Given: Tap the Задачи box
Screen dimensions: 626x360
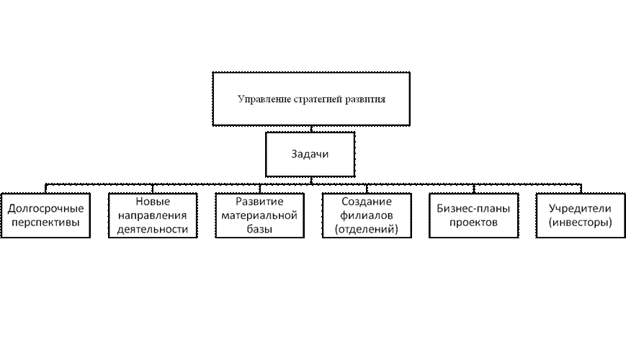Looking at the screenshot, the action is coord(310,154).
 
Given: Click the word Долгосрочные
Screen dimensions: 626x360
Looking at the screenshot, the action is coord(45,209).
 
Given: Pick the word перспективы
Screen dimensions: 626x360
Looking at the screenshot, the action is coord(45,222).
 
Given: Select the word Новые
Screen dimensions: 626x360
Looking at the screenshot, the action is coord(152,202).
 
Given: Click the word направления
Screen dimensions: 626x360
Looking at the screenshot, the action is coord(152,215).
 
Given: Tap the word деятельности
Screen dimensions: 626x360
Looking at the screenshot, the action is coord(152,229).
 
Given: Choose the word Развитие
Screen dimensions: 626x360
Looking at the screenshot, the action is coord(259,202).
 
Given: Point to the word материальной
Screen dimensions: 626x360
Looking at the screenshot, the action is coord(259,215).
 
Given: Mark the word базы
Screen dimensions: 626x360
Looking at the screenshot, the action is coord(259,229).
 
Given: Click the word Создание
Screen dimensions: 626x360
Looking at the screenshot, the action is coord(367,202).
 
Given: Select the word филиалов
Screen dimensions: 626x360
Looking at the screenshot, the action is coord(367,215).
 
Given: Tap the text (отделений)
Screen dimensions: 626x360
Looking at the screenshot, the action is coord(367,229).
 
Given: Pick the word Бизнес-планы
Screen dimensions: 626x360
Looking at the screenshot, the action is coord(473,209).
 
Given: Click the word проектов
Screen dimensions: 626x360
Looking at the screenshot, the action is coord(473,222).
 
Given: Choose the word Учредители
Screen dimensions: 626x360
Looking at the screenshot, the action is coord(580,209).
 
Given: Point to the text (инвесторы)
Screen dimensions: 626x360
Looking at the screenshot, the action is coord(580,222).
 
